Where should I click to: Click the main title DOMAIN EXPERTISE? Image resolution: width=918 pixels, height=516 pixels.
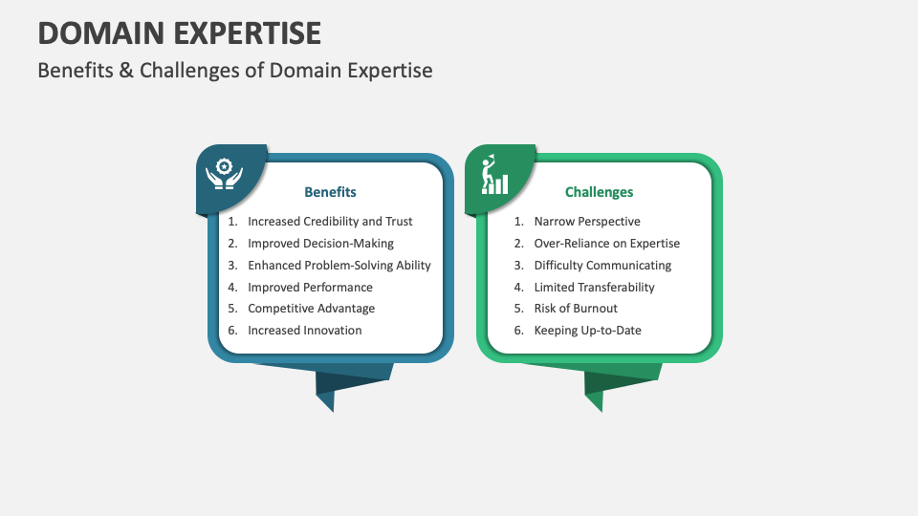180,32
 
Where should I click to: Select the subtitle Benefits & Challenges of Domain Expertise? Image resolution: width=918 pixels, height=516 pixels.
235,71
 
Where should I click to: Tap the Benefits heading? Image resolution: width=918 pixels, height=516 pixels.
330,192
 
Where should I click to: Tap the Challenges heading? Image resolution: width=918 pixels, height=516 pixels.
599,192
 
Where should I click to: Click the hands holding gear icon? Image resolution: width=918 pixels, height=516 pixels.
224,174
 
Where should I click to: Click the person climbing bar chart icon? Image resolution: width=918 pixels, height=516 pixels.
493,175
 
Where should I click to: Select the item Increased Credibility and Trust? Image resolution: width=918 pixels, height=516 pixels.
330,222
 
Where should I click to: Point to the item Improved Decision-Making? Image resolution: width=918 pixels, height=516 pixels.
320,244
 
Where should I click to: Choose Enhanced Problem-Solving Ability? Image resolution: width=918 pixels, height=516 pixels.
339,266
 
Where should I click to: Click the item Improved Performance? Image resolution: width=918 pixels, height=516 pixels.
310,288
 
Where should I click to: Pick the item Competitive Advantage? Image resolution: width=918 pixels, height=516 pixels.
311,309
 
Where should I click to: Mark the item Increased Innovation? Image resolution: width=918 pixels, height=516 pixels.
304,331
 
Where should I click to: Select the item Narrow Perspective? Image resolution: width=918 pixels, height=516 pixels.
587,222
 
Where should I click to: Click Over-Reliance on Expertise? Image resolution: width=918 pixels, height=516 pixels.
606,244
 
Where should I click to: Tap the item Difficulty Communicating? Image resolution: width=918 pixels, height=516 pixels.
602,266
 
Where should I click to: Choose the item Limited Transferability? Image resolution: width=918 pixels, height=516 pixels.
594,288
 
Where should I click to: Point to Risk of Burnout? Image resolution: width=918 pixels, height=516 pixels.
576,309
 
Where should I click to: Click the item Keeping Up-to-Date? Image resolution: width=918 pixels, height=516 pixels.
587,331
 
